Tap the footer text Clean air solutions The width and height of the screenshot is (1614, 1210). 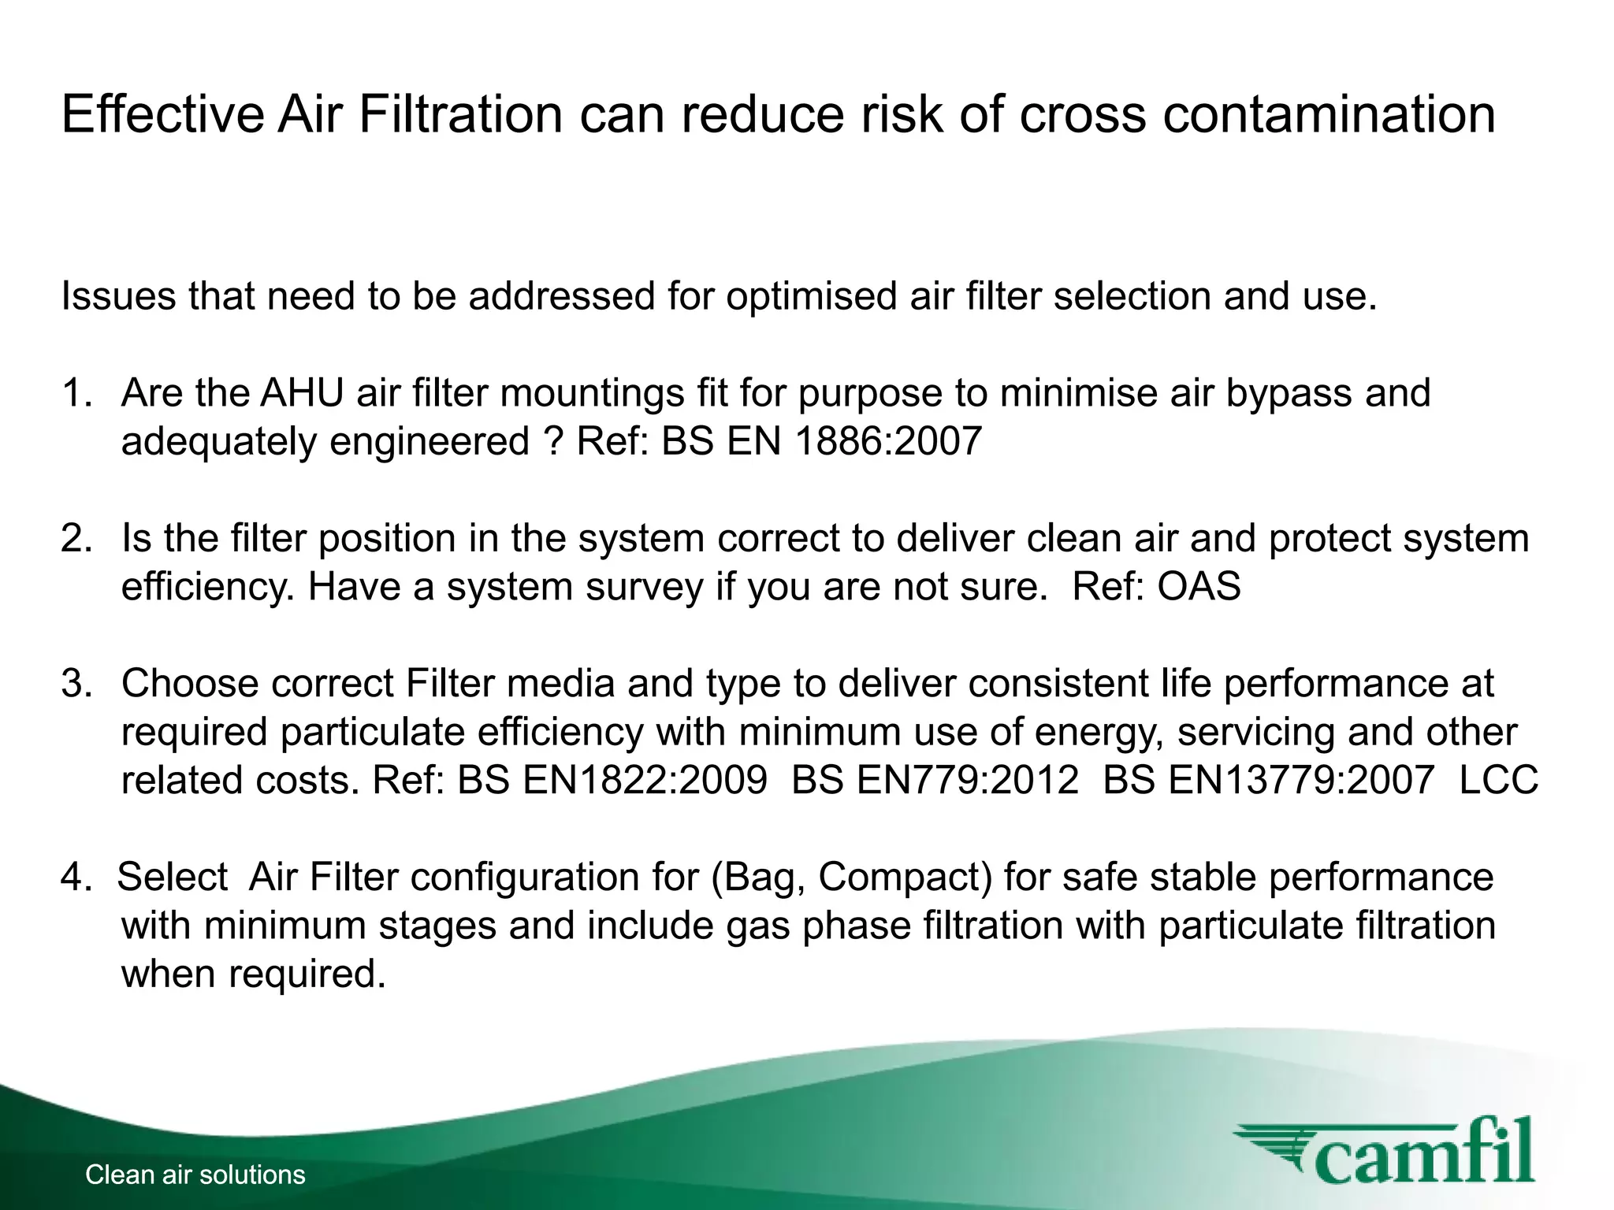pos(195,1175)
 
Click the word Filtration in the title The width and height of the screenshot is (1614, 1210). pos(461,114)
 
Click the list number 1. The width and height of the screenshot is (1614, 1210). pos(76,393)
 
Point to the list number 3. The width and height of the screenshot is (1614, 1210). pos(76,683)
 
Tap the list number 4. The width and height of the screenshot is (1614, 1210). pos(76,877)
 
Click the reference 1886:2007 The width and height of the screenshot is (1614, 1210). pos(888,441)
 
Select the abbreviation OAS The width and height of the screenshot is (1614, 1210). pos(1199,587)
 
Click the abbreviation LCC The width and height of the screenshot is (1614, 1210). pos(1498,781)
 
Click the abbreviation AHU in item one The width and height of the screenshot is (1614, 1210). pos(302,393)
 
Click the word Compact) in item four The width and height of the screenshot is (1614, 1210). pos(906,878)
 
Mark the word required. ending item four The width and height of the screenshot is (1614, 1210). pos(307,974)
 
